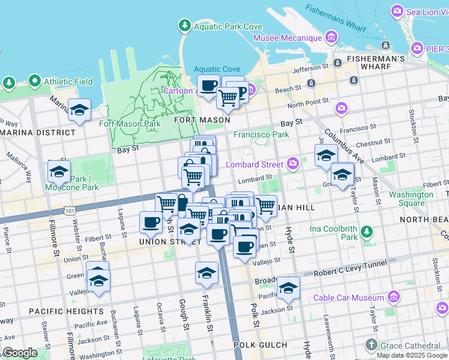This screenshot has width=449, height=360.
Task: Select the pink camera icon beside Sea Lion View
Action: click(x=397, y=11)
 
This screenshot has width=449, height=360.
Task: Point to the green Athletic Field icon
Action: click(x=34, y=81)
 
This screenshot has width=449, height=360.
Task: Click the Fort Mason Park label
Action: click(x=130, y=124)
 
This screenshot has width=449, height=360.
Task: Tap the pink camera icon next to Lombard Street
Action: click(x=292, y=163)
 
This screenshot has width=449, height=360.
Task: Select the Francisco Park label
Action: click(x=261, y=135)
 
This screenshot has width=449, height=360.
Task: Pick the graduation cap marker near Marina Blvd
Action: click(x=79, y=110)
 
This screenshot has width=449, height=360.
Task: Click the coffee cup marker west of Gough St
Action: click(x=151, y=223)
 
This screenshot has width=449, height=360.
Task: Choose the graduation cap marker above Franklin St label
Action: click(x=206, y=272)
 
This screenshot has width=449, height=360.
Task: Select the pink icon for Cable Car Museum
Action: click(x=393, y=297)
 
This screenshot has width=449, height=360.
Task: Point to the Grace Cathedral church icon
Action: click(x=372, y=345)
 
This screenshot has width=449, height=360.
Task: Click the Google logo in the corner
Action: click(x=20, y=353)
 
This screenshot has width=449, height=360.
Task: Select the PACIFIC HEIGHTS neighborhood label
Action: click(x=66, y=311)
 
